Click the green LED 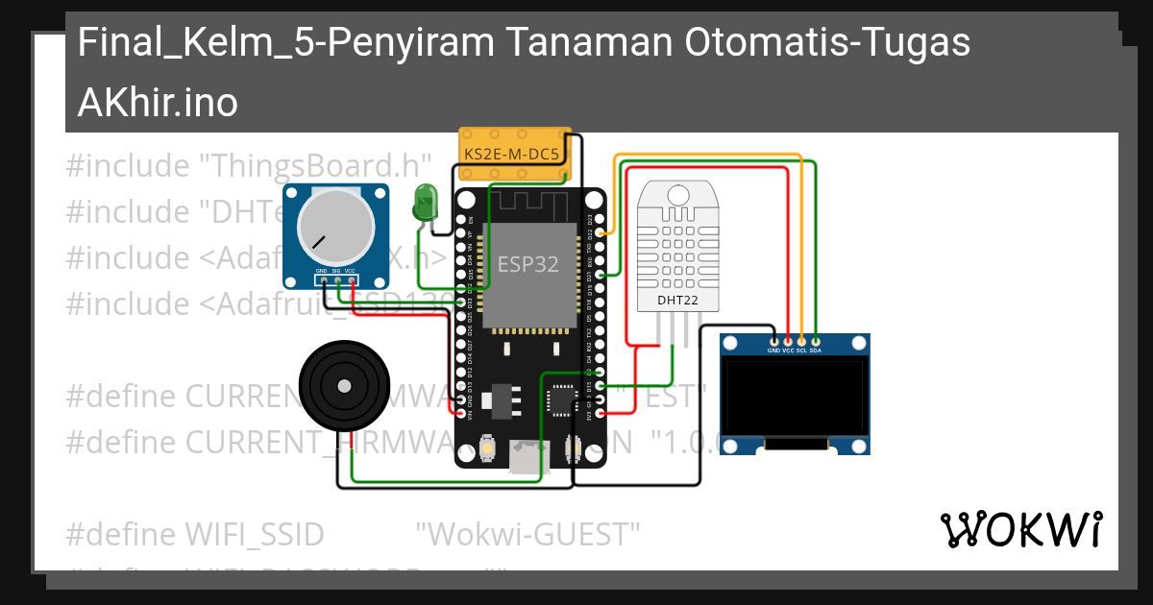point(424,204)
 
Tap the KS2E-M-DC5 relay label point(511,154)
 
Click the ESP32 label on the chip point(527,264)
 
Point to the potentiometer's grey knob point(334,228)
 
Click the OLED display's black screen point(795,397)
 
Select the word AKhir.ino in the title point(158,102)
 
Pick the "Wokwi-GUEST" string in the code point(527,533)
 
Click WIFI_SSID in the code point(254,533)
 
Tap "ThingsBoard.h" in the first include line point(313,166)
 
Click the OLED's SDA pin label point(815,351)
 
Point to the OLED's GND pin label point(773,351)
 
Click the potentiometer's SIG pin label point(336,272)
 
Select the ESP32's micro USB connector point(525,459)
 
